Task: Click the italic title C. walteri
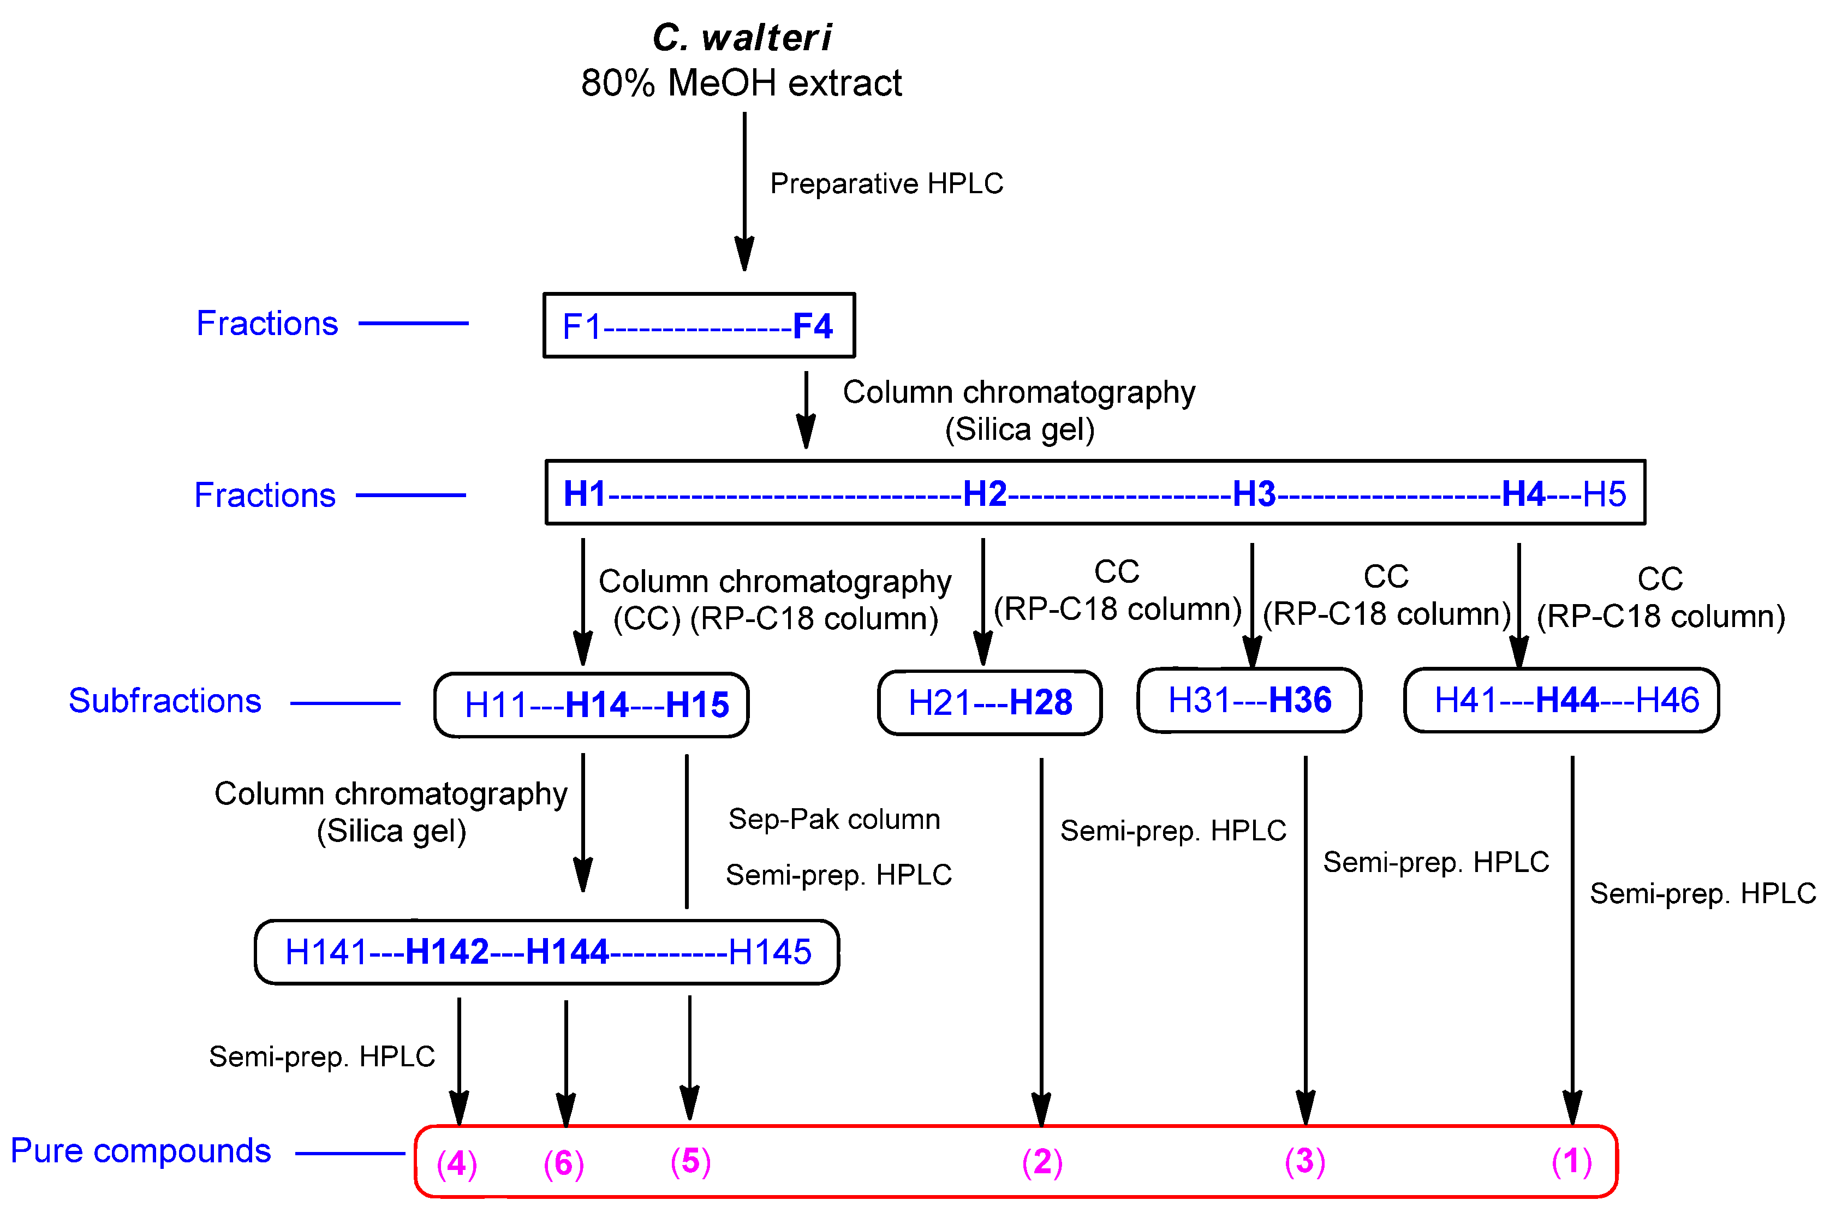point(741,38)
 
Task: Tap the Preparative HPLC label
point(886,183)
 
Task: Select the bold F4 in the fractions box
point(812,326)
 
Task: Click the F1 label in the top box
point(582,326)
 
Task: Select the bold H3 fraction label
point(1253,493)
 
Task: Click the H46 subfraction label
point(1667,700)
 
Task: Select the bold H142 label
point(446,952)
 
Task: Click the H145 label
point(769,952)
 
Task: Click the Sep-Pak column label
point(834,819)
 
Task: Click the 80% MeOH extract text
point(741,83)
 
